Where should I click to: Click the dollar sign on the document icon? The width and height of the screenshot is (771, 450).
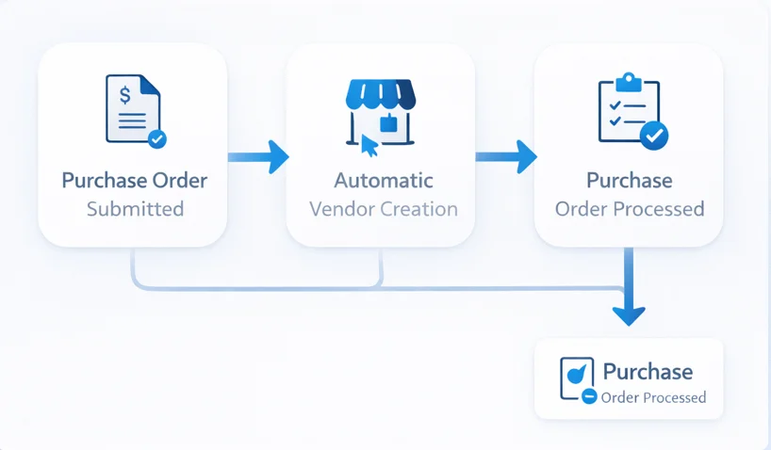[123, 93]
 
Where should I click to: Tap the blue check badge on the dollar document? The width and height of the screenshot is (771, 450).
[156, 138]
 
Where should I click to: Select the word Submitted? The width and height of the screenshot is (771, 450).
[135, 209]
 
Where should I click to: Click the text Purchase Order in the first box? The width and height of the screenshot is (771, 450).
[134, 180]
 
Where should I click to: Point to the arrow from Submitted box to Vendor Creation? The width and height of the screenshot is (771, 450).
[258, 156]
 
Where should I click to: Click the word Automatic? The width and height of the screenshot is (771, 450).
[383, 180]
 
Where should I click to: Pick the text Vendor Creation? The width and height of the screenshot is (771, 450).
[383, 209]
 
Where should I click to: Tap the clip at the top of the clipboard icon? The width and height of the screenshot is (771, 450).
[629, 81]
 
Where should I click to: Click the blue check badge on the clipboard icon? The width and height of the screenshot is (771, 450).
[653, 137]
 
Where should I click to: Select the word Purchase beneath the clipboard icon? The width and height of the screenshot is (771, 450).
[629, 180]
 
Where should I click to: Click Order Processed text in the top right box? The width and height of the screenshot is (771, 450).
[629, 209]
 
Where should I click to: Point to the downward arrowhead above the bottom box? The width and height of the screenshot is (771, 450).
[629, 313]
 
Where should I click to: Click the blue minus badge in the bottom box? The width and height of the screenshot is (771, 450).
[588, 397]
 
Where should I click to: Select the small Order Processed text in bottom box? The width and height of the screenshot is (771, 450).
[652, 397]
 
